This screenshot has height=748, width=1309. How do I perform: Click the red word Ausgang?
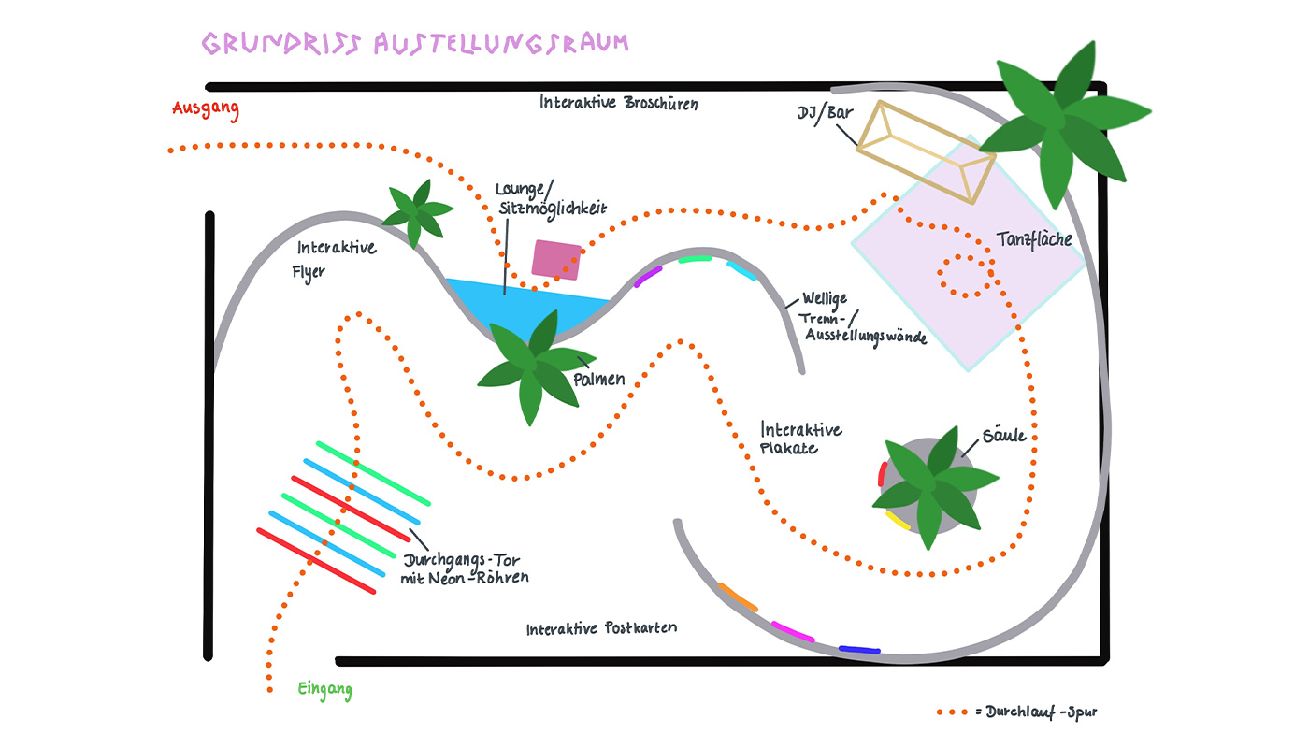tap(206, 109)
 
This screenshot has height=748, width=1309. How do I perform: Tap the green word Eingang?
tap(324, 691)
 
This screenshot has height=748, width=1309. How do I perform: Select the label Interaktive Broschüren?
tap(618, 102)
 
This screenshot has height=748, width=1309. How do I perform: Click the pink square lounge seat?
tap(556, 260)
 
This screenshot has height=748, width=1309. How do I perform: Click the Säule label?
tap(1004, 437)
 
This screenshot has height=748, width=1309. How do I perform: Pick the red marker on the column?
tap(882, 473)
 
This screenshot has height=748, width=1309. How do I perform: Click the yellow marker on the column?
tap(898, 520)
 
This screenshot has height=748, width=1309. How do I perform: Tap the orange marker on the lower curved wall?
tap(738, 597)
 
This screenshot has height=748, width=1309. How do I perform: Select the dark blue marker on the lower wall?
tap(859, 649)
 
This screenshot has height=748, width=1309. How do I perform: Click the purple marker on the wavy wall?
tap(648, 275)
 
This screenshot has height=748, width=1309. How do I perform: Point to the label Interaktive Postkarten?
tap(601, 628)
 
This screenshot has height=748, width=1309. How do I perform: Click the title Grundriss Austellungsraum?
tap(415, 43)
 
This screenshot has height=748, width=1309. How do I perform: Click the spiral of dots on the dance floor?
tap(967, 277)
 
